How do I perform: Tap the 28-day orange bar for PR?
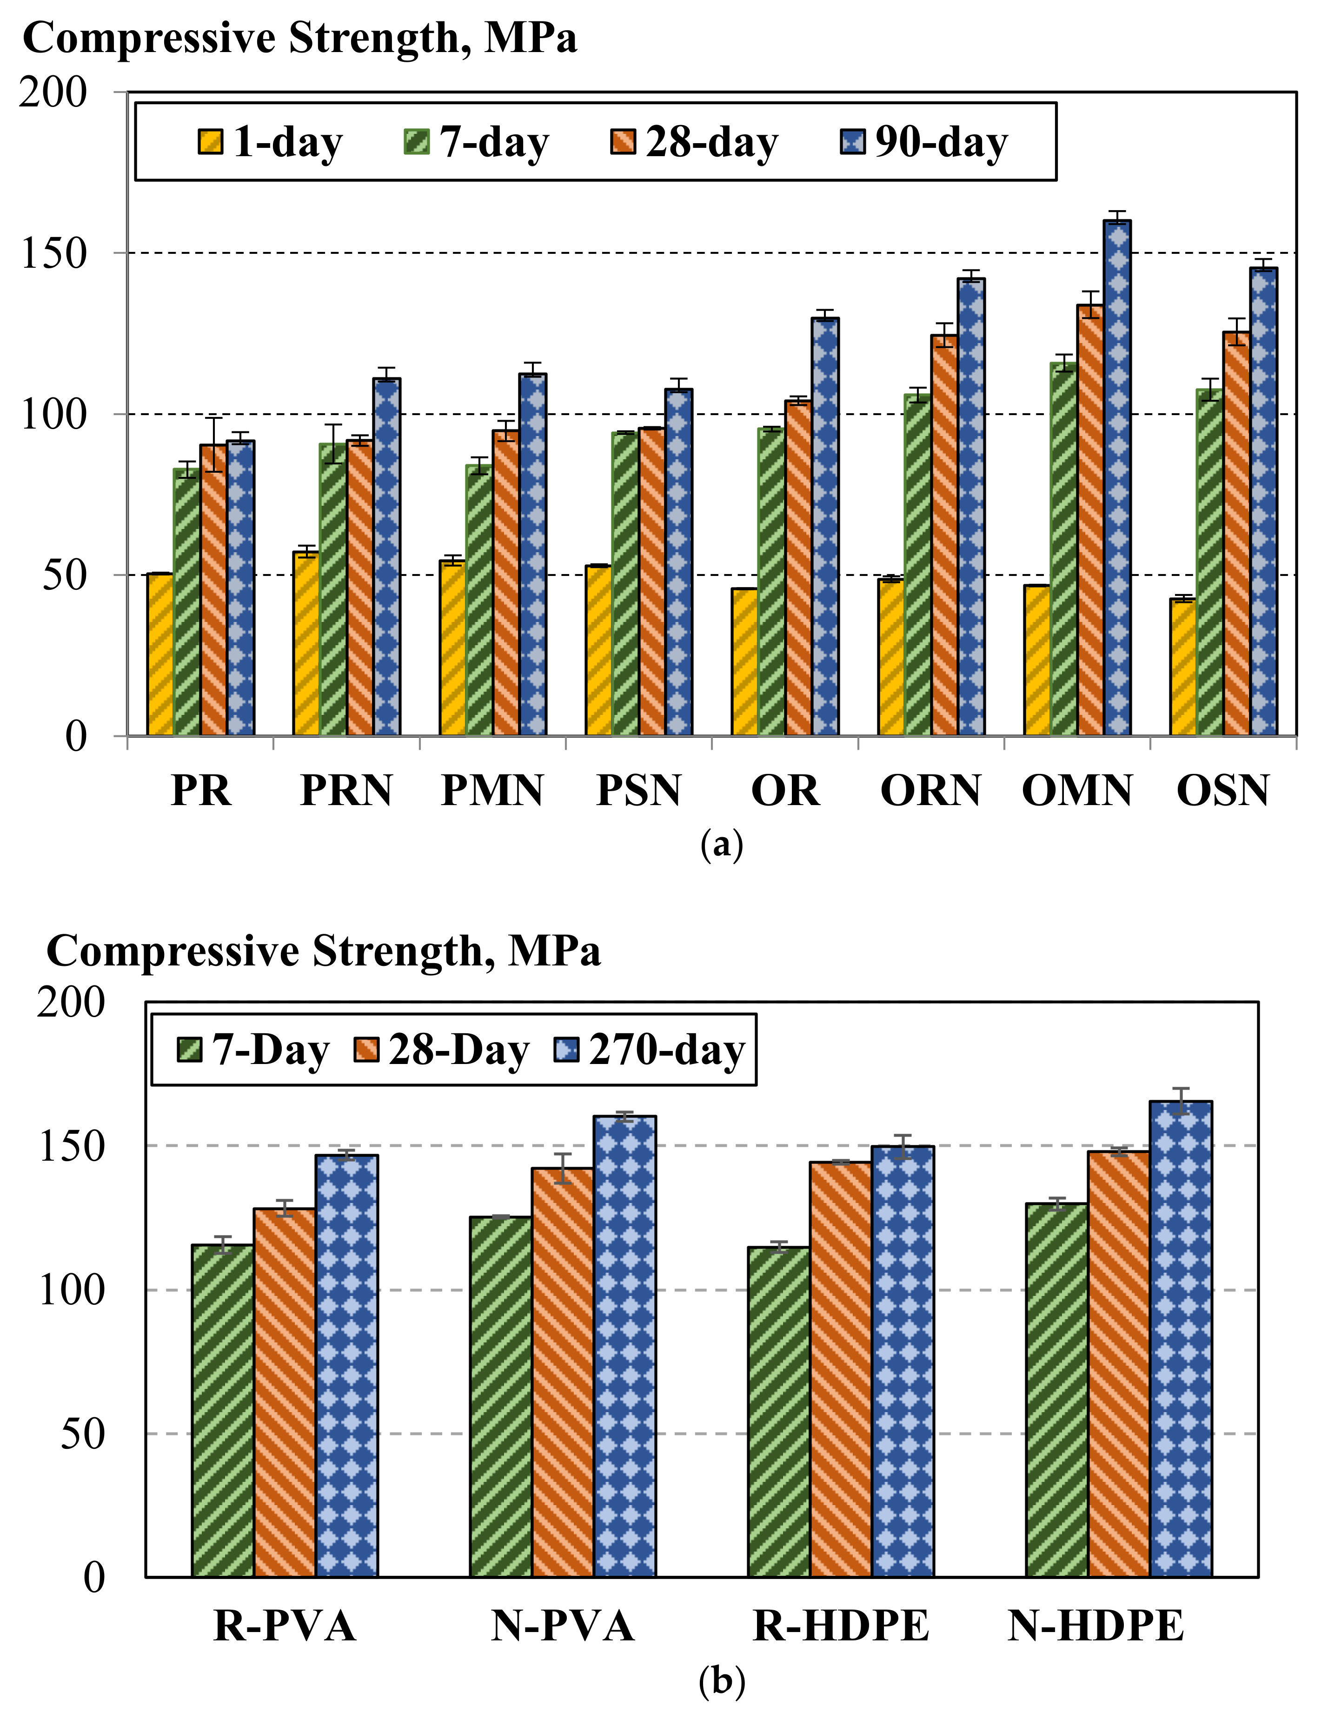click(213, 590)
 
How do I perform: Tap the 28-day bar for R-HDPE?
click(841, 1369)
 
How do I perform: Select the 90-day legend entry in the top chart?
click(924, 142)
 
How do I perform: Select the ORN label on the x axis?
click(931, 791)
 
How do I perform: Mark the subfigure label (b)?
click(721, 1680)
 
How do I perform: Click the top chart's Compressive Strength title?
click(300, 38)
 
